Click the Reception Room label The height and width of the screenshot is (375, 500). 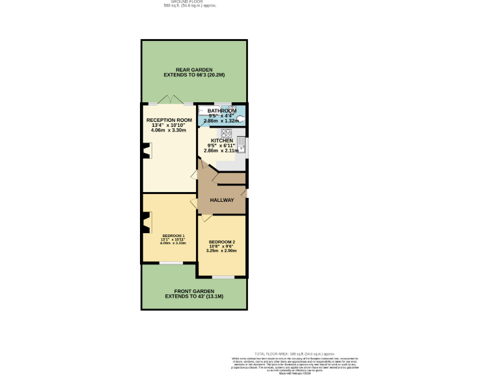click(x=169, y=120)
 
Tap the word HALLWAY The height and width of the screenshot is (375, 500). click(x=221, y=200)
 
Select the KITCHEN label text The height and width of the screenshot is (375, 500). click(x=221, y=140)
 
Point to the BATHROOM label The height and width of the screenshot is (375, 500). click(x=221, y=111)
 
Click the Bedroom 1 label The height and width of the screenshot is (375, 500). click(x=173, y=236)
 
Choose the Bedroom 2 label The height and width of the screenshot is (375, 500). click(x=221, y=242)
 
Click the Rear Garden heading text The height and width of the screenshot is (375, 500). click(x=195, y=70)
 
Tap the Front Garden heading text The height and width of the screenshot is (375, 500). click(x=194, y=291)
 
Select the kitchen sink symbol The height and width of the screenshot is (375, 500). click(x=241, y=143)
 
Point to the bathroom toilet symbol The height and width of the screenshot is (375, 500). click(x=240, y=119)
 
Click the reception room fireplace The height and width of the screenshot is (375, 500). click(x=146, y=152)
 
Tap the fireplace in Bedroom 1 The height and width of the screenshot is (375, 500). click(x=146, y=225)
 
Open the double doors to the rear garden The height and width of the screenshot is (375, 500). click(x=169, y=102)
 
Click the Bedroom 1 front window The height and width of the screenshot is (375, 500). click(x=171, y=262)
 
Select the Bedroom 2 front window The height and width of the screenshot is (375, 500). click(x=223, y=277)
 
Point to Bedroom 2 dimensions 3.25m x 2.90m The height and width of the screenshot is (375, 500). click(x=221, y=251)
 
